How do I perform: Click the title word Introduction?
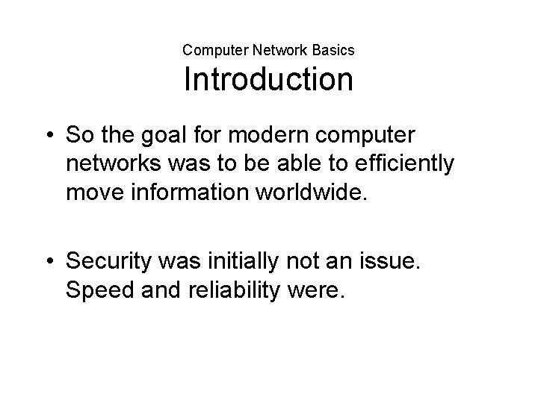tap(268, 79)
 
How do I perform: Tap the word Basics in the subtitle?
tap(333, 51)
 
